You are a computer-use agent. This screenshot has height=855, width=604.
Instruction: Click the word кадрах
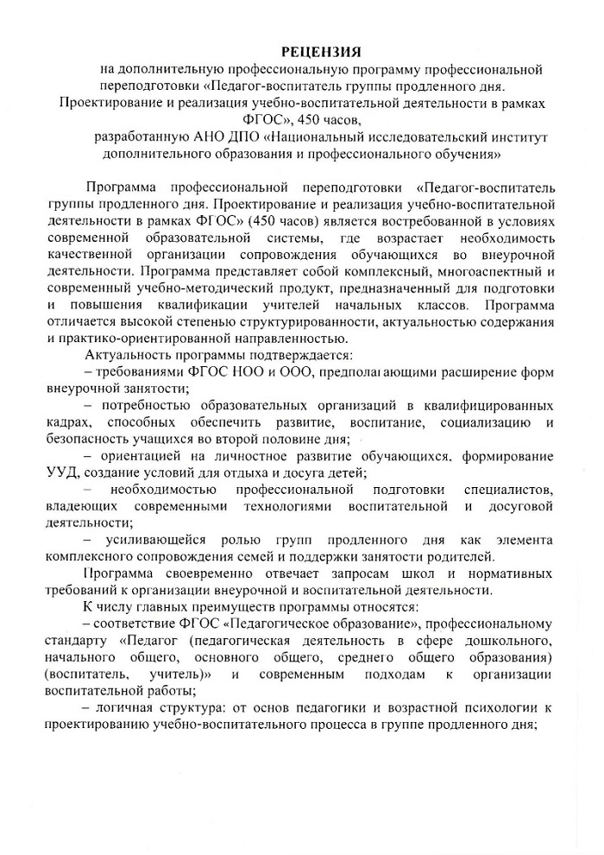(x=67, y=421)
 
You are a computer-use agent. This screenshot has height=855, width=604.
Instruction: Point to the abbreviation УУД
(x=60, y=472)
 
